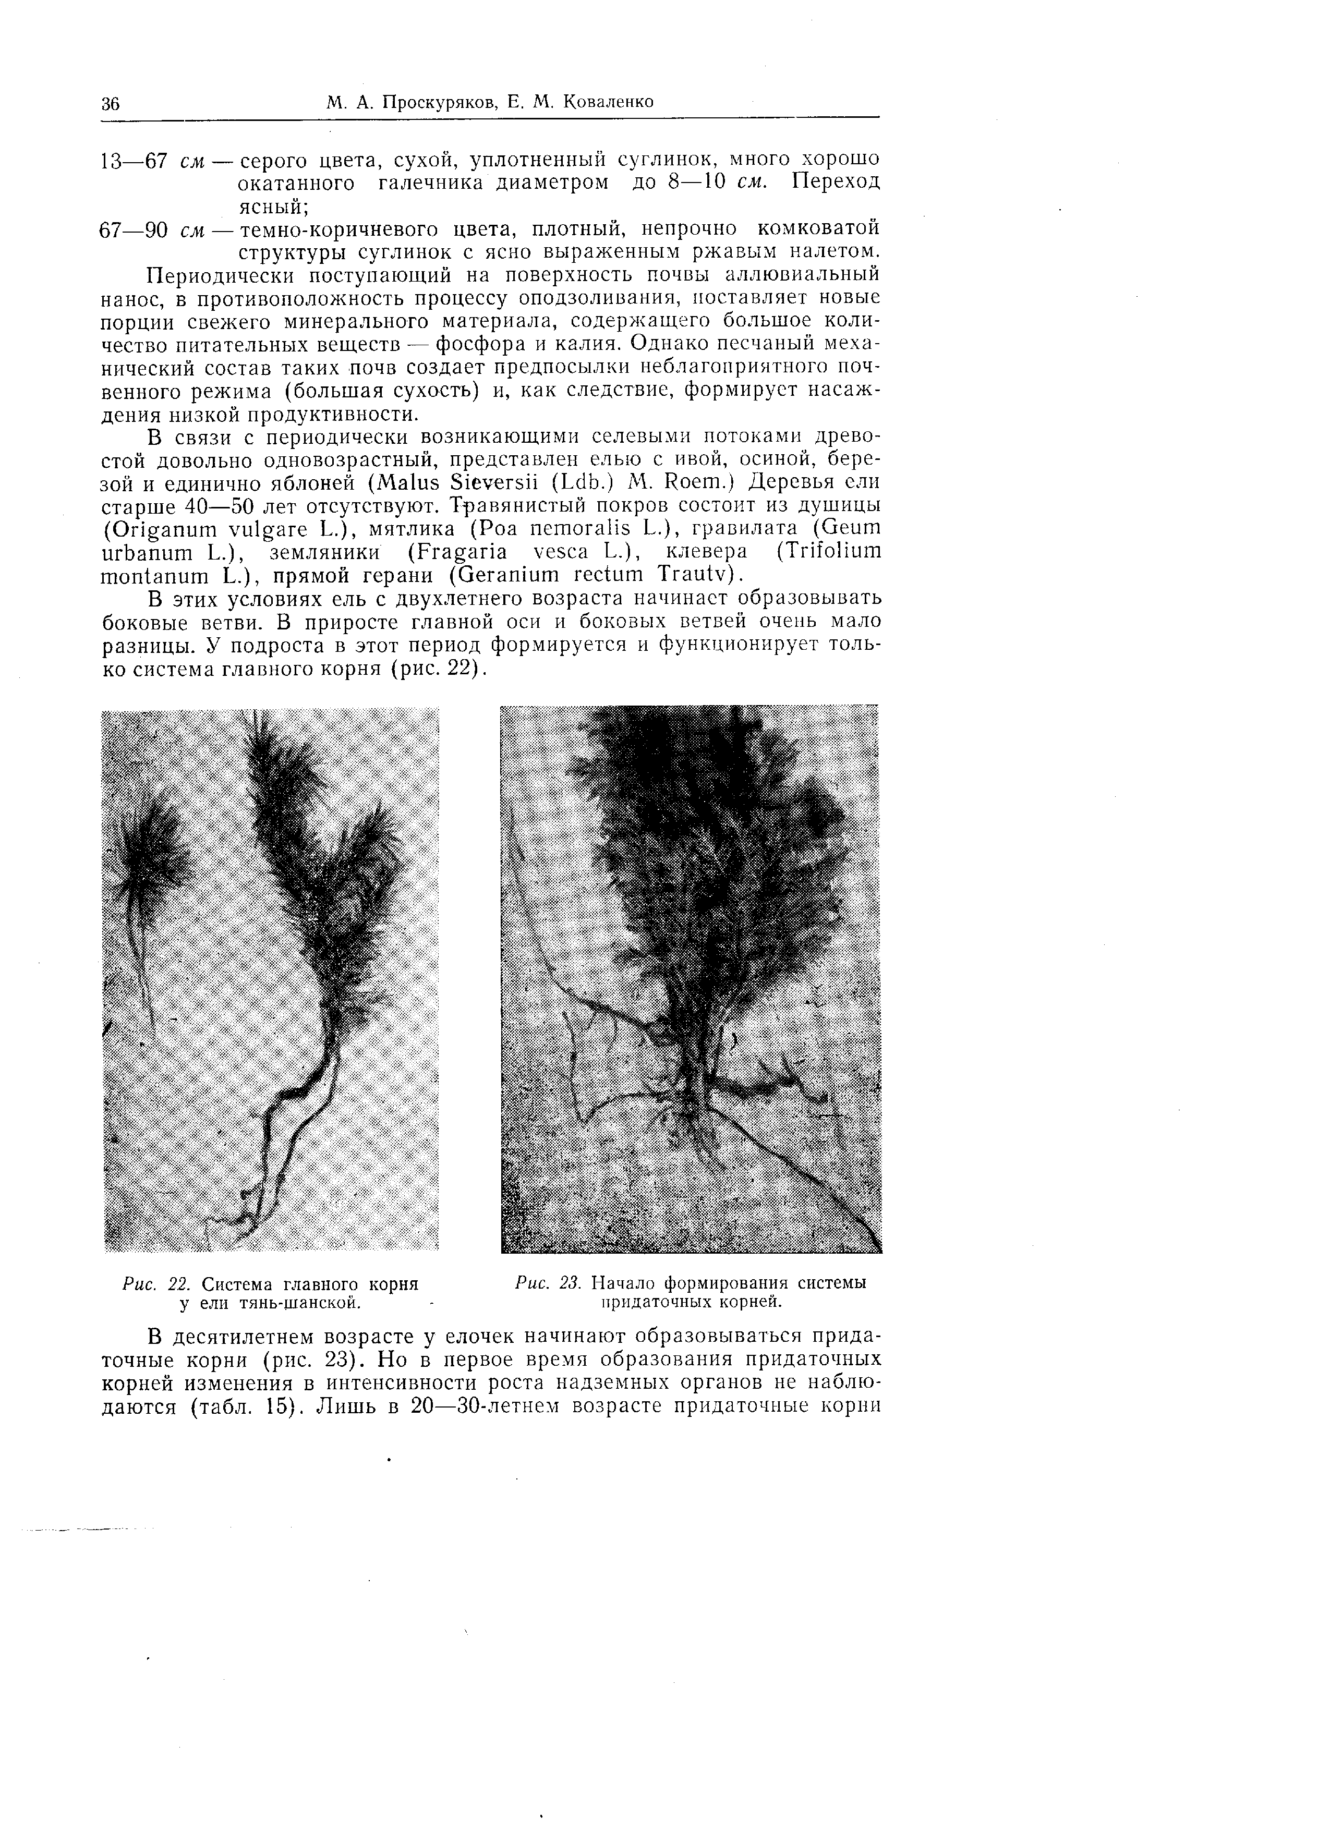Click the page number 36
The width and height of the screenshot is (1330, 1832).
point(111,103)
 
